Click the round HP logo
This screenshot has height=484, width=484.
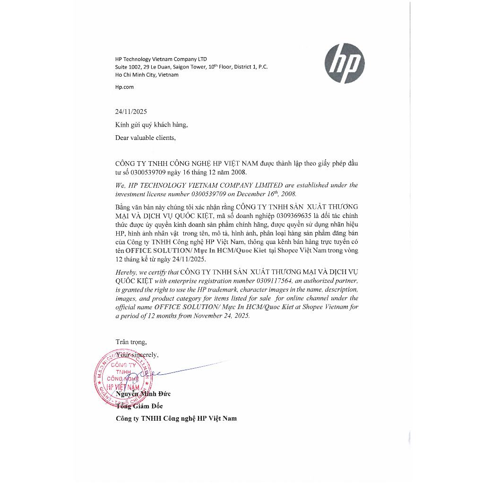[345, 63]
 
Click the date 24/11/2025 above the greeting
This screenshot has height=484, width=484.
[131, 112]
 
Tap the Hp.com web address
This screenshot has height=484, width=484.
[124, 87]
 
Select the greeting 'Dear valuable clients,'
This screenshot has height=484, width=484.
[145, 138]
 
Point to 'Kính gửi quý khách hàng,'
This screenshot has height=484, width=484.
[151, 125]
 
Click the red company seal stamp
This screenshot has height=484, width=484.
[118, 378]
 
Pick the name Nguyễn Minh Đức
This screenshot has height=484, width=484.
[143, 394]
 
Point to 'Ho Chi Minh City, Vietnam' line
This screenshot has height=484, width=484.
[147, 75]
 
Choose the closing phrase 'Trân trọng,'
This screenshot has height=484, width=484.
[131, 341]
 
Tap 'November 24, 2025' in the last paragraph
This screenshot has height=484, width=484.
[222, 316]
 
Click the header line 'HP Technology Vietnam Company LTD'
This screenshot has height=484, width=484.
[161, 59]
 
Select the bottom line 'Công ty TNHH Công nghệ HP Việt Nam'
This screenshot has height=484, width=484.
[176, 418]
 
